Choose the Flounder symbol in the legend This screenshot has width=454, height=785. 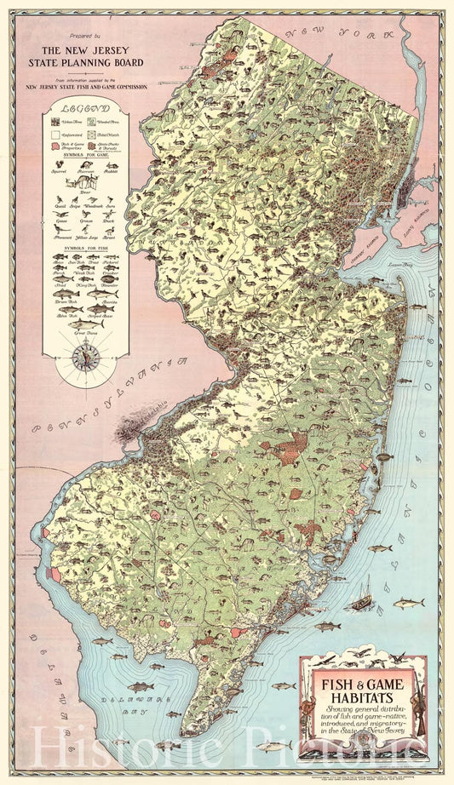[x=111, y=278]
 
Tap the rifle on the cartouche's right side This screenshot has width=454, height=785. [x=419, y=694]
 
